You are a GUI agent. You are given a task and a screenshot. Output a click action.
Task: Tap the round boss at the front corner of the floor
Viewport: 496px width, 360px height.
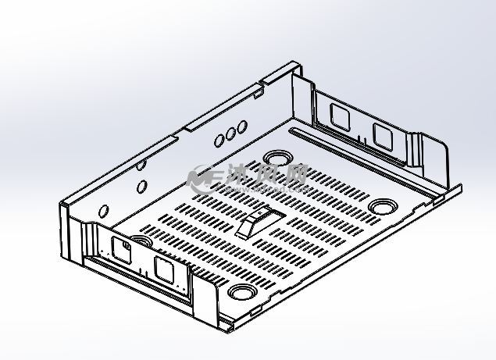(243, 293)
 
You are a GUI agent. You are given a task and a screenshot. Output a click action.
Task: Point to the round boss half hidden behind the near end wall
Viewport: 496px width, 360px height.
(141, 241)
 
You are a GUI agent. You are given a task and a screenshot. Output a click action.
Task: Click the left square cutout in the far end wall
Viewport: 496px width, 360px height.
(340, 116)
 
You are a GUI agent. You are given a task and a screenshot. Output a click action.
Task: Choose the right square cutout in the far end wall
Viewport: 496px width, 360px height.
(383, 136)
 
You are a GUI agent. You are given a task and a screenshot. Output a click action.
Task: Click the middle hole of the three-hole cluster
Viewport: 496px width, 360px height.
(231, 133)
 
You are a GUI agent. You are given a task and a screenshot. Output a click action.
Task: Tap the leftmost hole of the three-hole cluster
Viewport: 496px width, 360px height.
(220, 140)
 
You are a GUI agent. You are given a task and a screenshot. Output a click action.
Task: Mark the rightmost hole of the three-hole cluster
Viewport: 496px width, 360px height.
(242, 126)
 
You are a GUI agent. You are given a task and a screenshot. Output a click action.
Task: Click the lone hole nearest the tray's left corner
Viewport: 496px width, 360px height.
(103, 211)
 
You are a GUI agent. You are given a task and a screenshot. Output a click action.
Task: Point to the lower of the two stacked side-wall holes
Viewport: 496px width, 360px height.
(142, 187)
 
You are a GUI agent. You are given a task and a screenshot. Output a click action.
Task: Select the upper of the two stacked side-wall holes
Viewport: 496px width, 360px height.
(140, 166)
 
